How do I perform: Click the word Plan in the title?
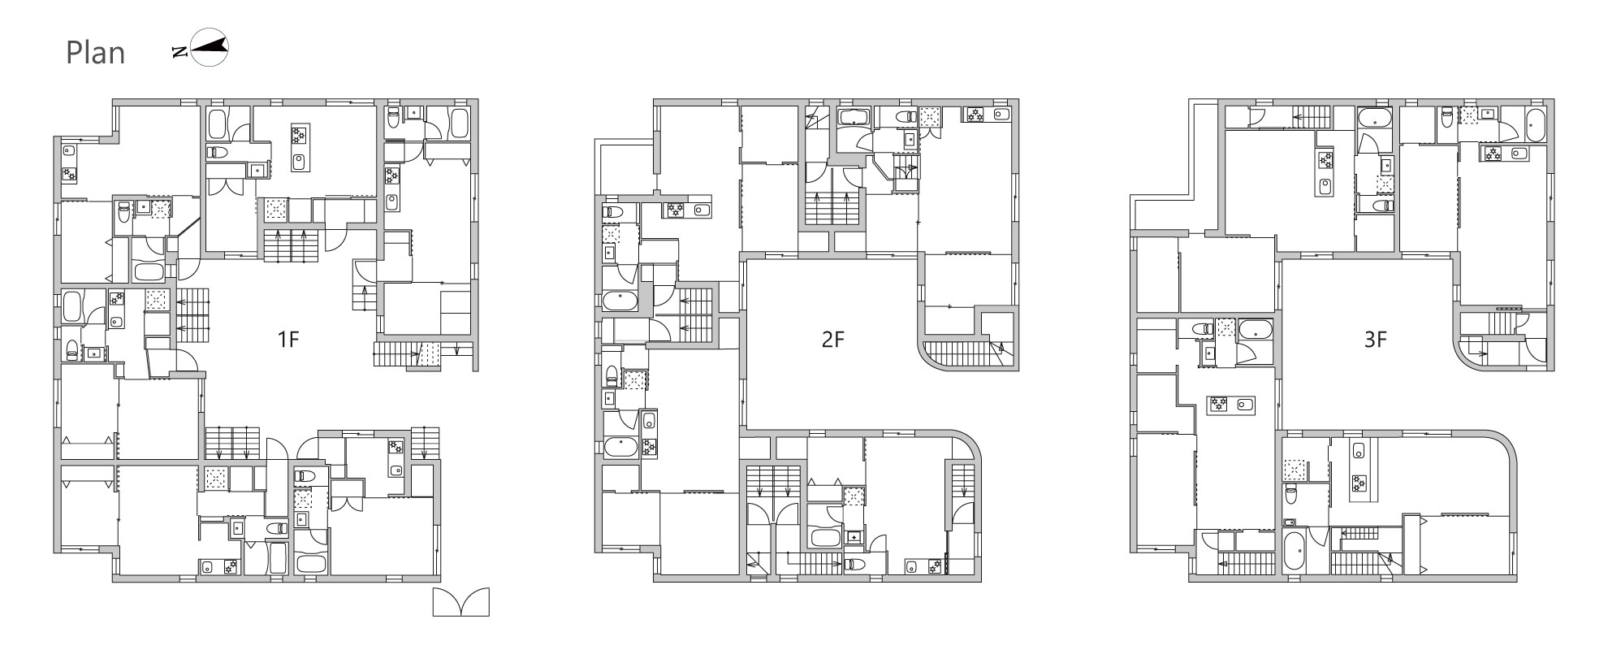pos(95,53)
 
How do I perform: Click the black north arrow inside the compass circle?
pos(207,48)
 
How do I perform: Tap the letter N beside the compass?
pos(179,53)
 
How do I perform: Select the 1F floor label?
pos(288,340)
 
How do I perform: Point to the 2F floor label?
pos(832,340)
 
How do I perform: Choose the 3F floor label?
pos(1375,340)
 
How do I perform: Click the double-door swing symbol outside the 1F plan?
pos(461,602)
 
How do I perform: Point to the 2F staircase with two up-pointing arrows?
pos(832,207)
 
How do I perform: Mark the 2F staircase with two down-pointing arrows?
pos(774,483)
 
